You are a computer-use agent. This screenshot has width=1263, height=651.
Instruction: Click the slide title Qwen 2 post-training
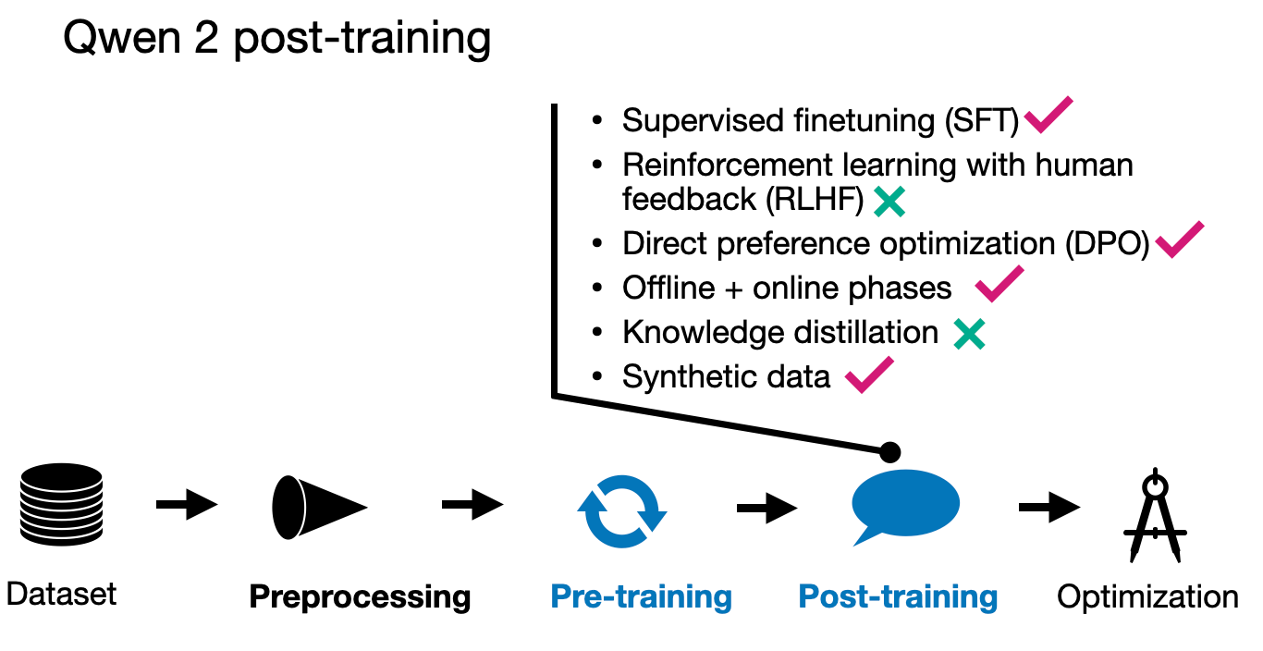(x=276, y=40)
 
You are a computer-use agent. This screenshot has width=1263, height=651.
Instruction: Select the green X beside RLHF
(x=889, y=201)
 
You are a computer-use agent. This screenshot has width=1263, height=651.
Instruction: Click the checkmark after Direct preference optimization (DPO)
(x=1179, y=240)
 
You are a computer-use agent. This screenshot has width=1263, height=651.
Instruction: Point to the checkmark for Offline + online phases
(x=999, y=284)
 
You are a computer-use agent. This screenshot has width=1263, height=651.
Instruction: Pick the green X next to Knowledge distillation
(x=969, y=334)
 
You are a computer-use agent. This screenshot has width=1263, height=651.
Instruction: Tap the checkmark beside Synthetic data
(x=869, y=375)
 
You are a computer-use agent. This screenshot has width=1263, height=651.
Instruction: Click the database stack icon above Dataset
(x=61, y=505)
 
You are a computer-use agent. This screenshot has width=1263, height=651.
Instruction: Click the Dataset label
(x=61, y=593)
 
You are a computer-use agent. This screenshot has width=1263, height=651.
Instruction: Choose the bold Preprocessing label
(x=360, y=597)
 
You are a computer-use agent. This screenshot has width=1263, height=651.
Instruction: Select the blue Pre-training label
(x=641, y=597)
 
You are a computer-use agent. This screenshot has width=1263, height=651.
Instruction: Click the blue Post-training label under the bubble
(x=898, y=597)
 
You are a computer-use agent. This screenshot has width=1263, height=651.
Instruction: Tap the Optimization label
(x=1147, y=597)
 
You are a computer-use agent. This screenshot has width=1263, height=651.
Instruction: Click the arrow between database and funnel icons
(x=186, y=505)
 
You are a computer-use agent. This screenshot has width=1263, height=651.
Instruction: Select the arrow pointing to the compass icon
(x=1048, y=507)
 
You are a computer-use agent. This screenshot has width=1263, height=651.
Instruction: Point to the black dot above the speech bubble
(x=889, y=452)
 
